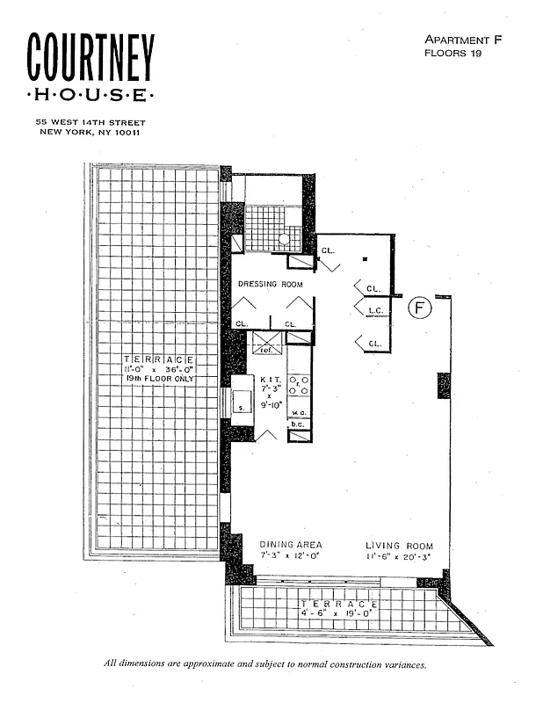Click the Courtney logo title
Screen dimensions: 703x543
point(90,59)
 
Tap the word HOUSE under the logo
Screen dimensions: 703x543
point(90,95)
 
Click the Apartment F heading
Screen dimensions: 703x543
point(456,40)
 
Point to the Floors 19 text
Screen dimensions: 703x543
point(453,53)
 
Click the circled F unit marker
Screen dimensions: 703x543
point(421,308)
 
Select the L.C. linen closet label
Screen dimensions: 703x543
point(374,310)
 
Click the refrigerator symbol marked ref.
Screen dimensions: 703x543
point(267,344)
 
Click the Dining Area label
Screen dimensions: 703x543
point(291,546)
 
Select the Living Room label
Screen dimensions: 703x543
point(399,546)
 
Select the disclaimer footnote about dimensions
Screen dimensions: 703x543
point(264,664)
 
